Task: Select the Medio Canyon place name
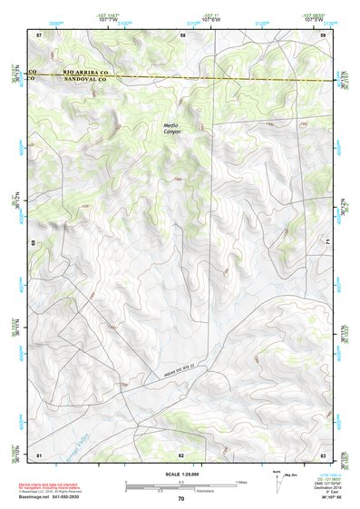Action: (x=172, y=129)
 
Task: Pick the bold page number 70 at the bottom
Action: (x=180, y=499)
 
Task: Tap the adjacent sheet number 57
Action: (x=39, y=34)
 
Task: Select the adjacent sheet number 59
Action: (x=323, y=34)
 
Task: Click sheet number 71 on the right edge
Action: (x=326, y=243)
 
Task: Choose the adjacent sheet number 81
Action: (x=39, y=454)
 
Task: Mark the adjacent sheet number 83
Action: (x=323, y=454)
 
